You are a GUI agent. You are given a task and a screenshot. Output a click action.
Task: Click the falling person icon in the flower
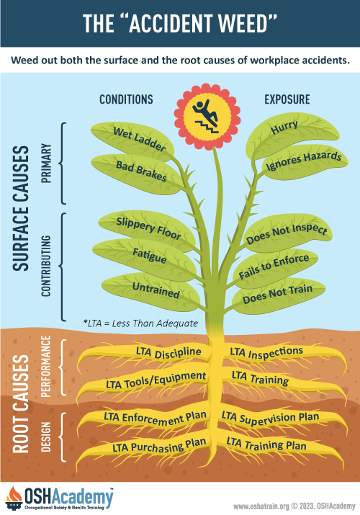coord(206,117)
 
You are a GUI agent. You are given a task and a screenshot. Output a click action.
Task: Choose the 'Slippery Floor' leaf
coord(147,229)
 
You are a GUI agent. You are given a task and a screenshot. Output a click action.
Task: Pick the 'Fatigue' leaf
coord(145,259)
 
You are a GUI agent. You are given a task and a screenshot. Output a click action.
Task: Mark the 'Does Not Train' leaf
coord(279,294)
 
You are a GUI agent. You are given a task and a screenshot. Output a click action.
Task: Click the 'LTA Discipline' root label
coord(168,352)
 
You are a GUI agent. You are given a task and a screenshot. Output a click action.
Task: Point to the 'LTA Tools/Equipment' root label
coord(156,380)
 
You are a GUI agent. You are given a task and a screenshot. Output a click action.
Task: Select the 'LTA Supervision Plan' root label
coord(270,418)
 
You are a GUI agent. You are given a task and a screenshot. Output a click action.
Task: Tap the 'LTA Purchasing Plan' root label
coord(159,446)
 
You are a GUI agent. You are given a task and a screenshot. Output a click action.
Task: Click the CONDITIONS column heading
coord(126,99)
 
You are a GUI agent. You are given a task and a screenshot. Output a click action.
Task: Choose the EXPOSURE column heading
coord(287,99)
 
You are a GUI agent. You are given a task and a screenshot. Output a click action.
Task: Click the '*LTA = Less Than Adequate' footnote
coord(141,323)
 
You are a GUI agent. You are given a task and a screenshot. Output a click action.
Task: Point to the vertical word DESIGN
coord(46,436)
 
